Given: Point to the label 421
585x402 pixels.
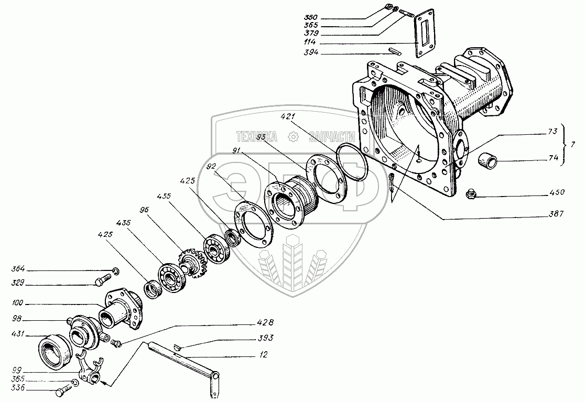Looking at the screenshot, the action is click(288, 116).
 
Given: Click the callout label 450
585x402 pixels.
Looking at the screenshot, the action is click(557, 192).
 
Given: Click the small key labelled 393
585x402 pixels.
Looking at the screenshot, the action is click(177, 346).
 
